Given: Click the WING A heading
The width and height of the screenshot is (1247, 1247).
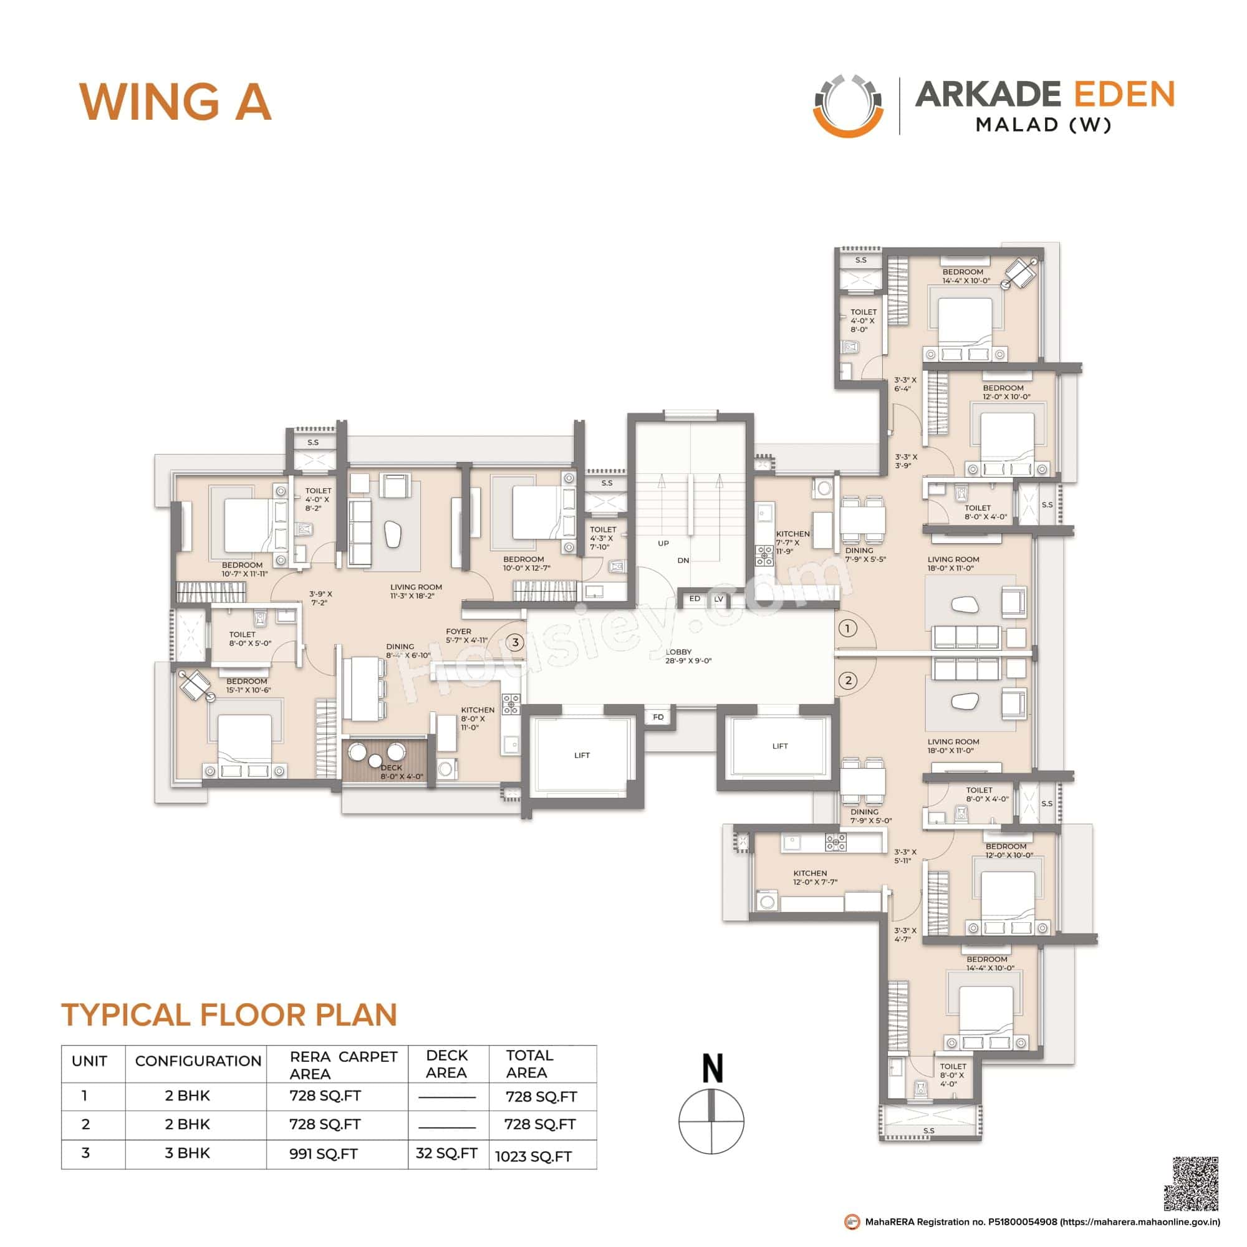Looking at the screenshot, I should click(175, 103).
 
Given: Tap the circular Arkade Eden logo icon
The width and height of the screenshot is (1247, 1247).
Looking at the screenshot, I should click(847, 106).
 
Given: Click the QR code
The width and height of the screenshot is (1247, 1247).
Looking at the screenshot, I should click(1191, 1184).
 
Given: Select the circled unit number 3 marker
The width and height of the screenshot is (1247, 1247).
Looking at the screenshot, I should click(514, 642).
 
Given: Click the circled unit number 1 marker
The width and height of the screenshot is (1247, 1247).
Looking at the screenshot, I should click(847, 628).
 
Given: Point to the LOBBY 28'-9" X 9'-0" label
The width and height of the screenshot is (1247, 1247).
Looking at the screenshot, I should click(688, 657).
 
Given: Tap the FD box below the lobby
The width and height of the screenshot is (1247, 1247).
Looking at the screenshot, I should click(658, 717).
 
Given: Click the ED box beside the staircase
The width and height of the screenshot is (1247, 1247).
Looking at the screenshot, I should click(695, 599).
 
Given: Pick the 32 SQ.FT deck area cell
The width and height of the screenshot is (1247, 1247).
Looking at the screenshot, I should click(446, 1153).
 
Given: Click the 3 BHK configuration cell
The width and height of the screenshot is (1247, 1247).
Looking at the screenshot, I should click(187, 1153).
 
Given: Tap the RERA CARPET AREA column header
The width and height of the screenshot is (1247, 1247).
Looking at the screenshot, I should click(343, 1065).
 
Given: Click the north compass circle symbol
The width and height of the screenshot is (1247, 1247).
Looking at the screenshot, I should click(711, 1120).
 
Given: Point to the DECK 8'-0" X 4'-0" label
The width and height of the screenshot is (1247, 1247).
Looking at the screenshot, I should click(402, 772).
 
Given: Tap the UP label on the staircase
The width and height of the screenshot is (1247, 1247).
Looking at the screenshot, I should click(663, 544).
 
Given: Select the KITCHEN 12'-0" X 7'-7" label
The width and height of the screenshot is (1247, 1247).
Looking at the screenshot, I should click(814, 877).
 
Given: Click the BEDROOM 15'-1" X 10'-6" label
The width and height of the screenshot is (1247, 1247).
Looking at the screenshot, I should click(248, 685).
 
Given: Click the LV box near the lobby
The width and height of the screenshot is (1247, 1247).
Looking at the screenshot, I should click(718, 600).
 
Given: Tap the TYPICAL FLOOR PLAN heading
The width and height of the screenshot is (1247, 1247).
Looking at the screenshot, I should click(229, 1014).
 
